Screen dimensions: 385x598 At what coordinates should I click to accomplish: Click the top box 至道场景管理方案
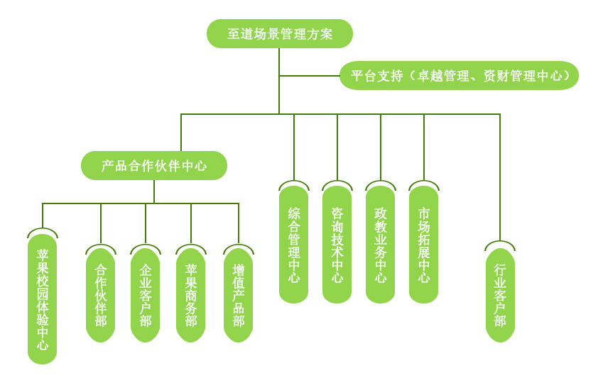tap(279, 33)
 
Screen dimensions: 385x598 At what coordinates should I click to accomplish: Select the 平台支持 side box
tap(458, 75)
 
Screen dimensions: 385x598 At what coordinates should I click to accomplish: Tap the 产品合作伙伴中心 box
tap(154, 166)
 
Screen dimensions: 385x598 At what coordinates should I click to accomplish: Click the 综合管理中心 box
tap(293, 245)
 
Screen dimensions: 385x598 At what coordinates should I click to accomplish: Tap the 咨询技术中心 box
tap(337, 245)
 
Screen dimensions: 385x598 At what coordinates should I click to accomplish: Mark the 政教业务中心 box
tap(380, 245)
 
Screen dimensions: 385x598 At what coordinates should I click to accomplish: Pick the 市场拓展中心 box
tap(423, 245)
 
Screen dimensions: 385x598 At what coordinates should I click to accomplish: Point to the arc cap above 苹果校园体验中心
tap(42, 230)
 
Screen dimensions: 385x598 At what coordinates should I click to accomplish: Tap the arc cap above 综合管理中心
tap(293, 184)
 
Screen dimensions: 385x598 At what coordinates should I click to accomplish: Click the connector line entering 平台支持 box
tap(309, 75)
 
